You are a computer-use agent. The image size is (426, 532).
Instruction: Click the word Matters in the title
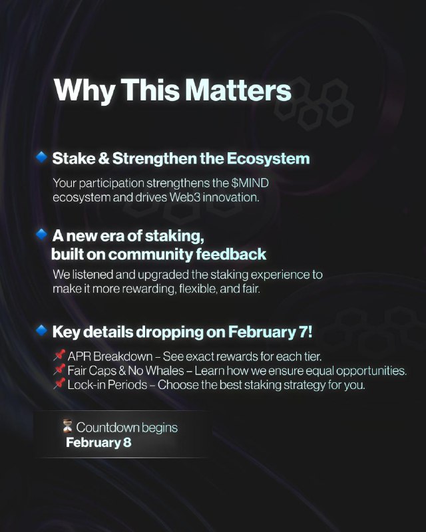click(x=238, y=90)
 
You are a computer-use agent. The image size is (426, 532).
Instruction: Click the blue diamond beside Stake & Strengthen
click(x=41, y=157)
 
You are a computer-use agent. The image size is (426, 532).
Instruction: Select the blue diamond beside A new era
click(x=41, y=234)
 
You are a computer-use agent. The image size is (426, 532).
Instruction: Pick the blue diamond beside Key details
click(x=41, y=330)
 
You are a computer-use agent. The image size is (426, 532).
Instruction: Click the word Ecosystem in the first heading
click(x=268, y=159)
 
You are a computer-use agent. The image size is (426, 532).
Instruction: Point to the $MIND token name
click(x=250, y=183)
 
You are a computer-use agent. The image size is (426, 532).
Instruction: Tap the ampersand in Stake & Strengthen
click(x=104, y=158)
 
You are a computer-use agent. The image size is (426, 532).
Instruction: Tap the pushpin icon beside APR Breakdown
click(x=59, y=356)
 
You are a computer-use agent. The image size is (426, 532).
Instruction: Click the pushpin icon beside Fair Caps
click(x=59, y=370)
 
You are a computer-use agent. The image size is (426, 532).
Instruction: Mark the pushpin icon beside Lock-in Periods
click(x=59, y=384)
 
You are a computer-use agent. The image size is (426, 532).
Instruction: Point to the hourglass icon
click(x=68, y=426)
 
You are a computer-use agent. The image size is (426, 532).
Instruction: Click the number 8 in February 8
click(x=127, y=442)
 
